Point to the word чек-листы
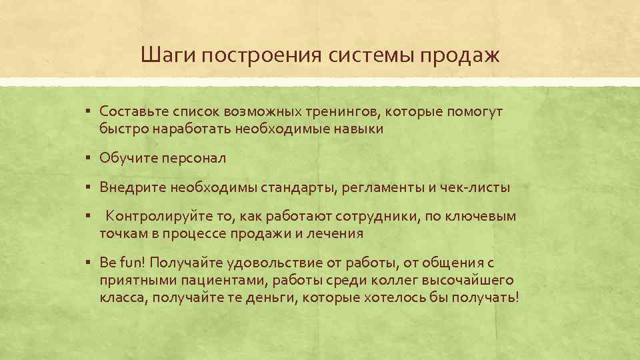[475, 187]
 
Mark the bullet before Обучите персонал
[89, 158]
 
